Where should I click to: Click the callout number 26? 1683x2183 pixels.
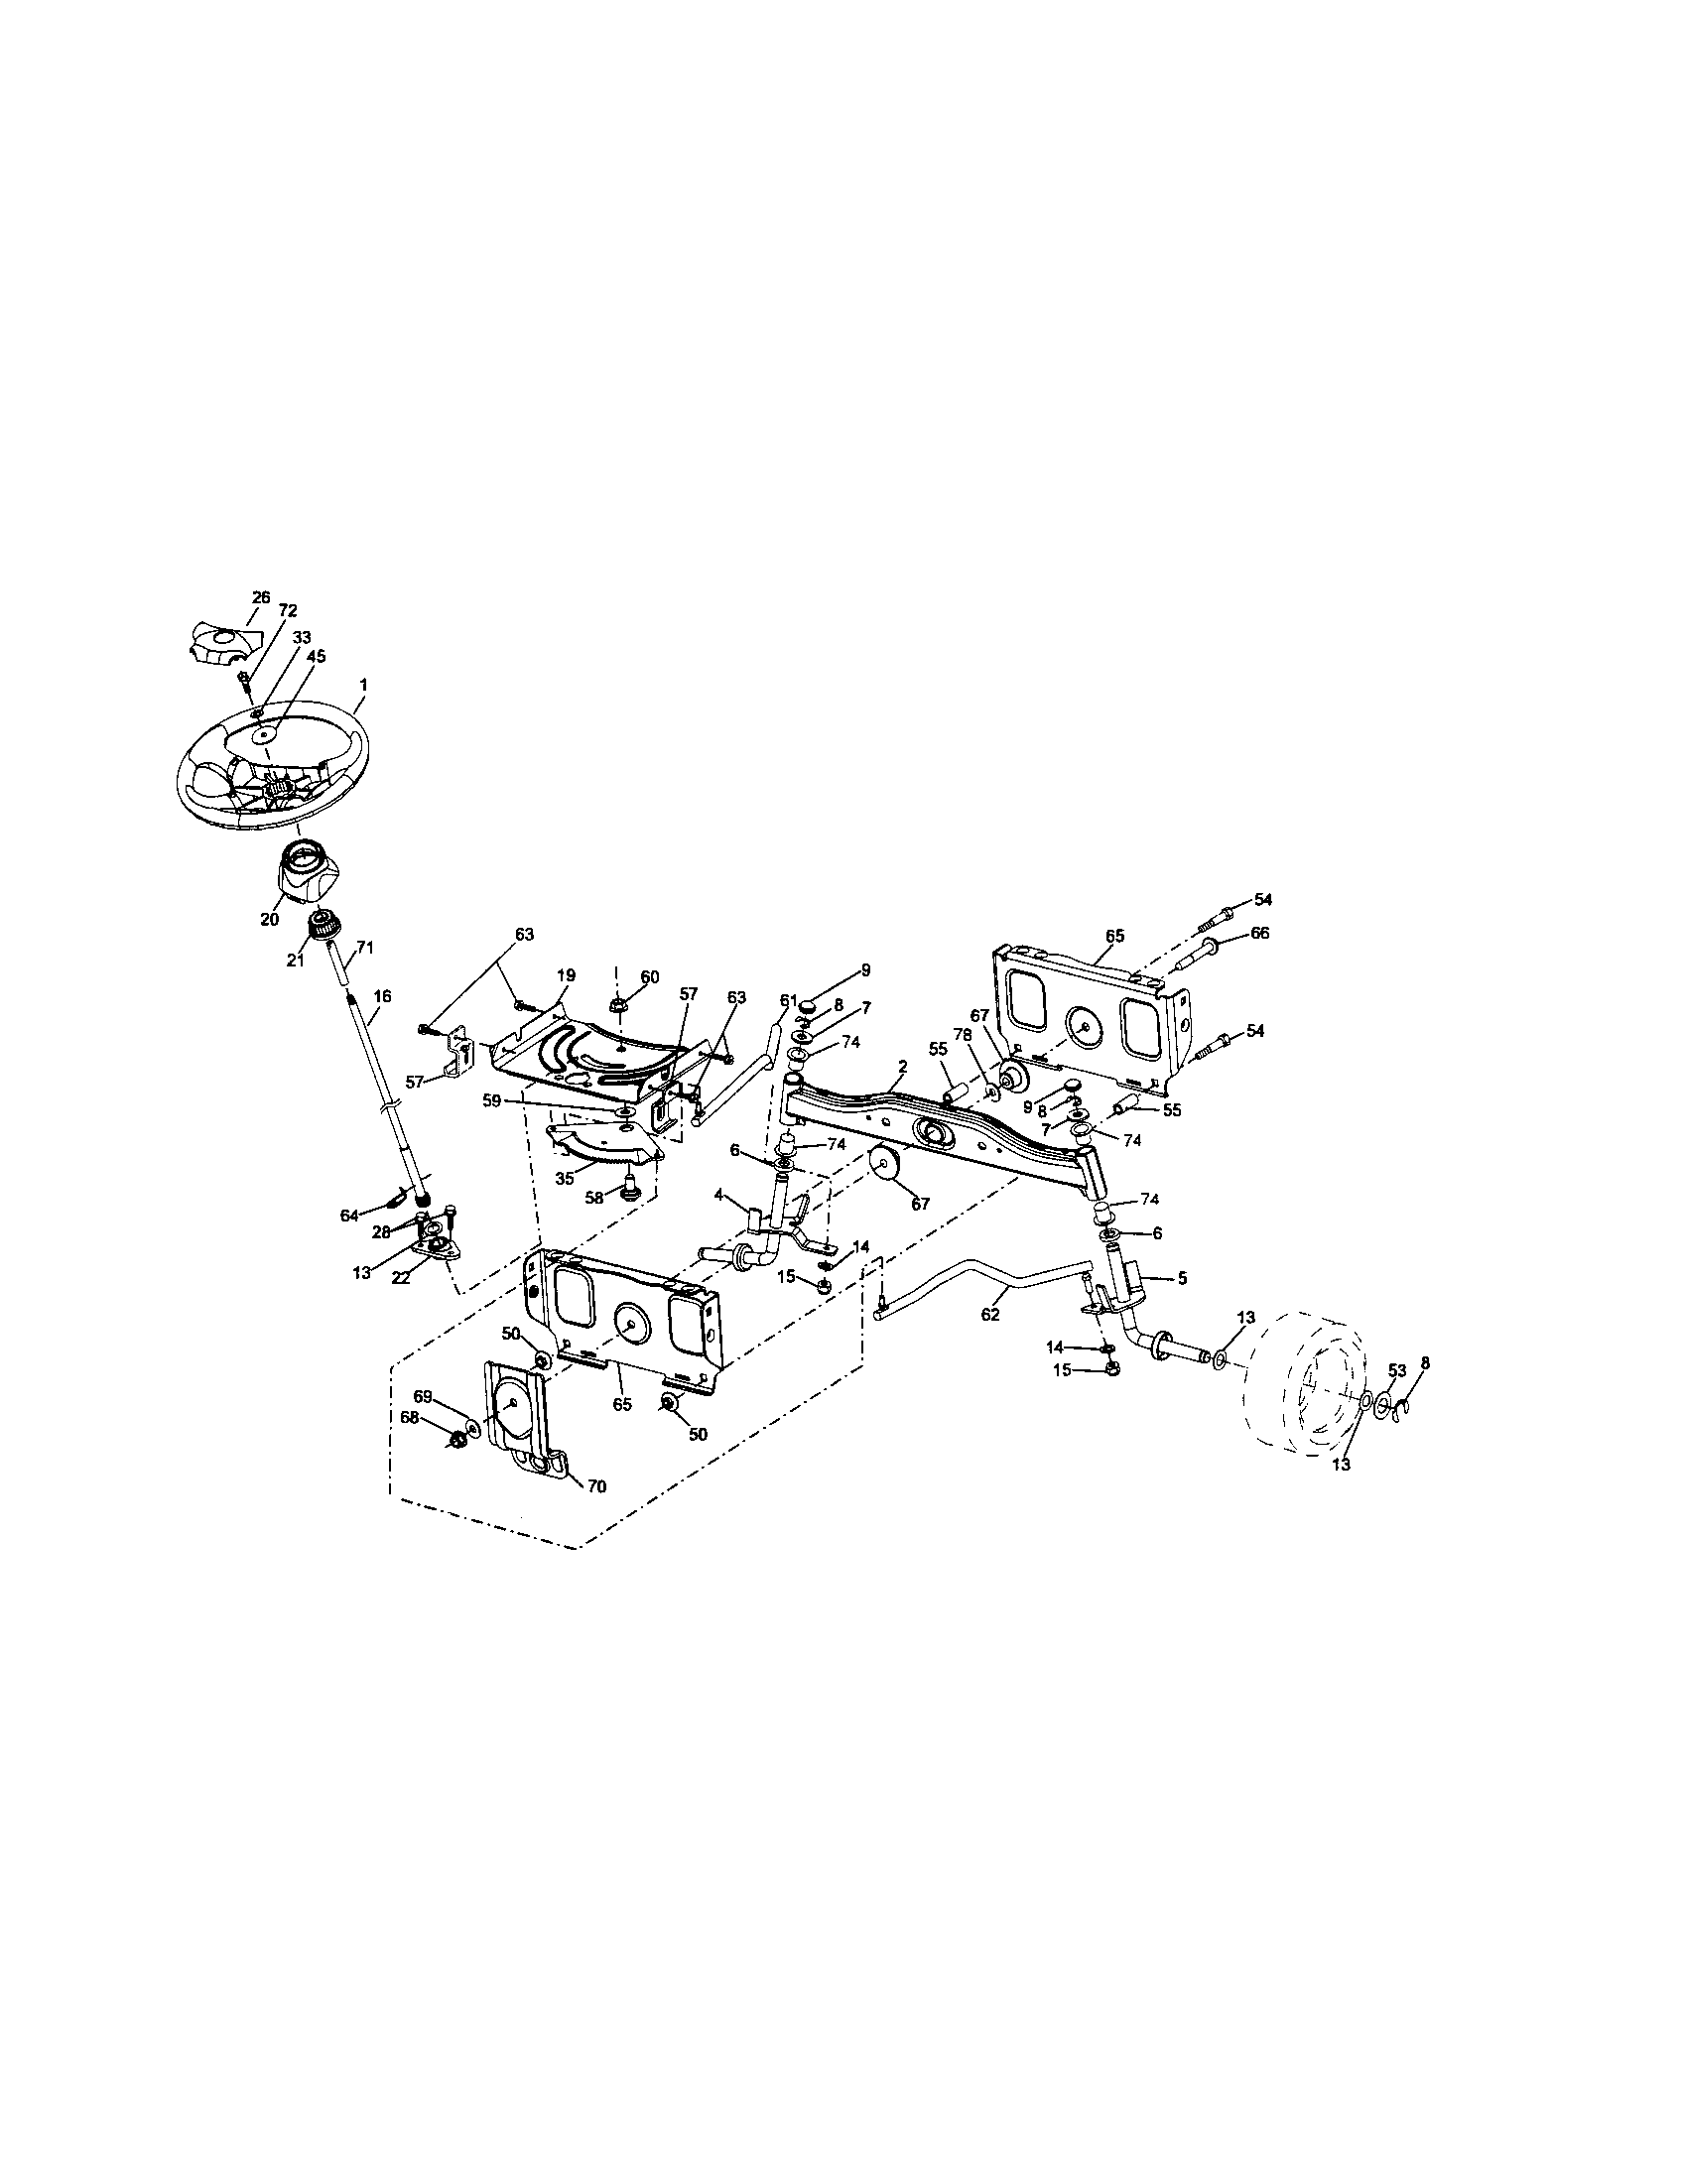(x=261, y=596)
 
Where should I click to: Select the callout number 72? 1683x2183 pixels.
(x=289, y=609)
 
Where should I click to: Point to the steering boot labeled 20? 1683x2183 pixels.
(x=302, y=871)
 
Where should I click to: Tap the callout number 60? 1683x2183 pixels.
(x=650, y=976)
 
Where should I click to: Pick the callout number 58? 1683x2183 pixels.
(x=595, y=1197)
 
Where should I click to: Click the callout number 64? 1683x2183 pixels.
(x=348, y=1216)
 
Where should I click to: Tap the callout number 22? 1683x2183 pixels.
(x=401, y=1278)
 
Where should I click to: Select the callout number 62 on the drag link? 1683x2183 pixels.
(x=990, y=1315)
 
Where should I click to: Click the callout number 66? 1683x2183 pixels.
(x=1260, y=933)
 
